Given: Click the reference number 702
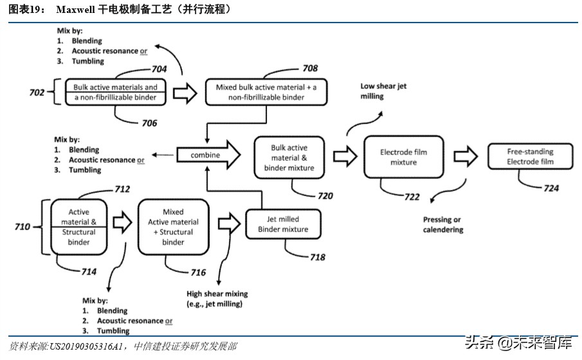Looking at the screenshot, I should tap(37, 93).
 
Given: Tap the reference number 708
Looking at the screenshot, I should tap(310, 67).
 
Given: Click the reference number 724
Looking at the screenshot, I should tap(550, 188).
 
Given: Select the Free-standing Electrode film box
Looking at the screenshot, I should tap(530, 157).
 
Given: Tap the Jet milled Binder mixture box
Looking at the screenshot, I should tap(283, 224).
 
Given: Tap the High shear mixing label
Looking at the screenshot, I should tap(217, 298).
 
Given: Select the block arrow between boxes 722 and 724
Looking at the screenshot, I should tap(466, 157).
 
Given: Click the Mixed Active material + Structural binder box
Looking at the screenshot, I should tap(173, 227).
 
